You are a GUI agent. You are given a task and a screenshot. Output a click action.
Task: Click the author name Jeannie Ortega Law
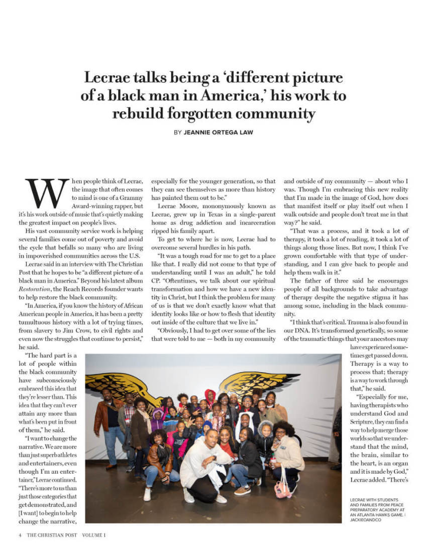[219, 133]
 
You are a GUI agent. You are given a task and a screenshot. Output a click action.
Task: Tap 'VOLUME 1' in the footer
[94, 535]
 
